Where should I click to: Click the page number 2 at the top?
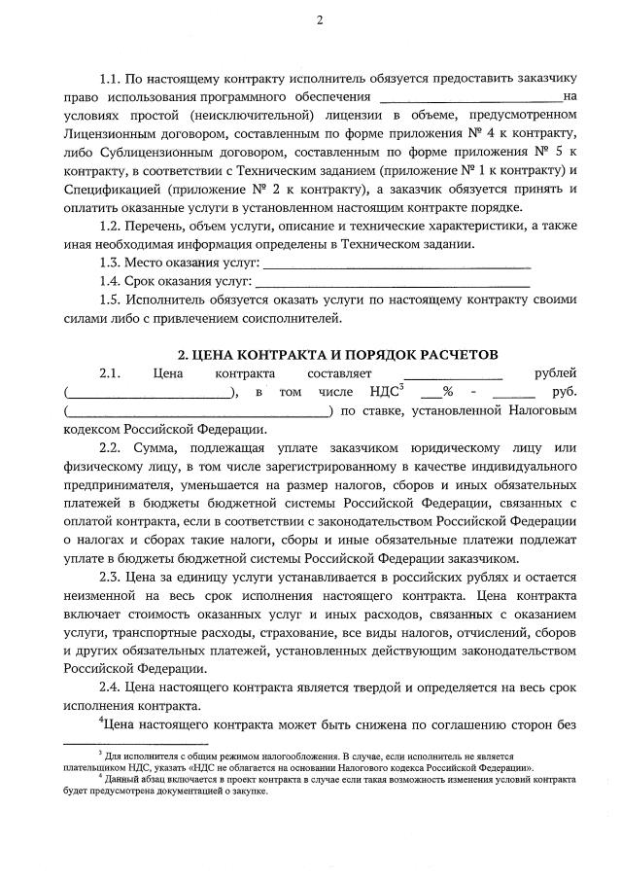[x=318, y=21]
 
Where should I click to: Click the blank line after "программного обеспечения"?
[x=470, y=97]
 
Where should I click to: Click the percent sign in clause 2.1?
[x=448, y=392]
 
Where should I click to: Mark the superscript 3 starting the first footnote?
[x=100, y=754]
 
